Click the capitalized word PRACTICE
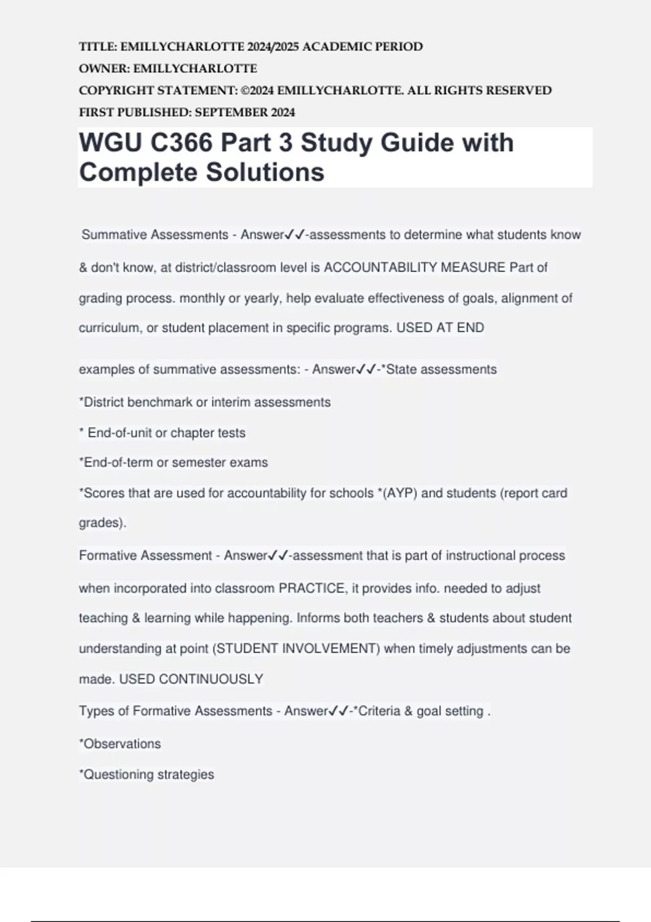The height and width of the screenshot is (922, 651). pyautogui.click(x=312, y=588)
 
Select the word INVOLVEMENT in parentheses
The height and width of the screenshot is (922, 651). pyautogui.click(x=331, y=649)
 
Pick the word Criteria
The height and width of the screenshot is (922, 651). pyautogui.click(x=379, y=711)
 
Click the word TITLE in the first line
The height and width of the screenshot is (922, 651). pyautogui.click(x=98, y=47)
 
